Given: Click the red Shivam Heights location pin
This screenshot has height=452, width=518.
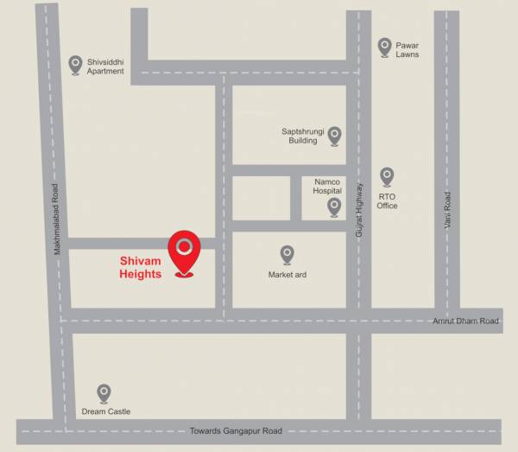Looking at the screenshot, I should (x=183, y=251).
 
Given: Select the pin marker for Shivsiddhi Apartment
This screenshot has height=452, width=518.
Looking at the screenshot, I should (x=75, y=65).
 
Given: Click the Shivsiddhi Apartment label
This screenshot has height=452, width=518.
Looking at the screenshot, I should (x=105, y=67).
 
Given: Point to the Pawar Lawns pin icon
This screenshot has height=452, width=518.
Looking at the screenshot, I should (x=384, y=47).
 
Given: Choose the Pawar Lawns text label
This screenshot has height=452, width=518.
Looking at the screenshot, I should (x=407, y=49).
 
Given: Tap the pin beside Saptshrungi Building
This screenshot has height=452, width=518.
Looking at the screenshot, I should (x=334, y=135).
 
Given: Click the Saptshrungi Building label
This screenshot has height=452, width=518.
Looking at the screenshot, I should (x=300, y=136).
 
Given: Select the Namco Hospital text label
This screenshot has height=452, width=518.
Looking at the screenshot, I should (x=326, y=186).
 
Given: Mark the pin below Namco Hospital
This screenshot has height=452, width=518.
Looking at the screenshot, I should (x=334, y=207).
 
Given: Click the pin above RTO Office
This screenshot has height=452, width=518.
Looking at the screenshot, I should (x=387, y=176).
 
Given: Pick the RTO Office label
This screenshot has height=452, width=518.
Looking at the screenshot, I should (x=387, y=201).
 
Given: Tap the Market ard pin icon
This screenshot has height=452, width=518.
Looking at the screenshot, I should (x=287, y=254).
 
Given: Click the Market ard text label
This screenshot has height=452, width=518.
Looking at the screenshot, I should (x=287, y=275).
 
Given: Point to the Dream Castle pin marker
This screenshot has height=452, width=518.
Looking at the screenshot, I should (x=104, y=393).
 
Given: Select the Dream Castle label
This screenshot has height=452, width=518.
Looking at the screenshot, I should (x=105, y=411).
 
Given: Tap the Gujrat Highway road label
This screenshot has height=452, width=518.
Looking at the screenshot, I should (x=358, y=211).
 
